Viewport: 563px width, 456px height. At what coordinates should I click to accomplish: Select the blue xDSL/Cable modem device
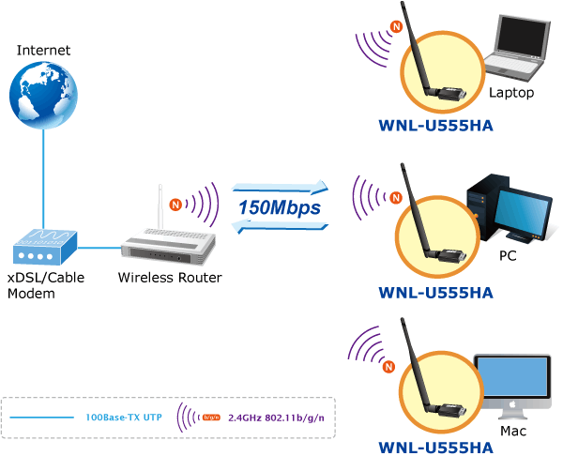coord(43,248)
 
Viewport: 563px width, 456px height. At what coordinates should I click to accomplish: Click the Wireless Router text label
coord(169,278)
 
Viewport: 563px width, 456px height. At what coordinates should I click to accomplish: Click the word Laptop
coord(511,93)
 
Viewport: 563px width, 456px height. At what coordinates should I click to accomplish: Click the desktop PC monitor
coord(525,214)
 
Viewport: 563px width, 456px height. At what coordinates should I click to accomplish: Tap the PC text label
coord(508,253)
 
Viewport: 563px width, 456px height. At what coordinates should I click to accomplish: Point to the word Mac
coord(513,432)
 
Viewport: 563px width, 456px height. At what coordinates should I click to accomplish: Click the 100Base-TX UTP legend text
coord(123,416)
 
